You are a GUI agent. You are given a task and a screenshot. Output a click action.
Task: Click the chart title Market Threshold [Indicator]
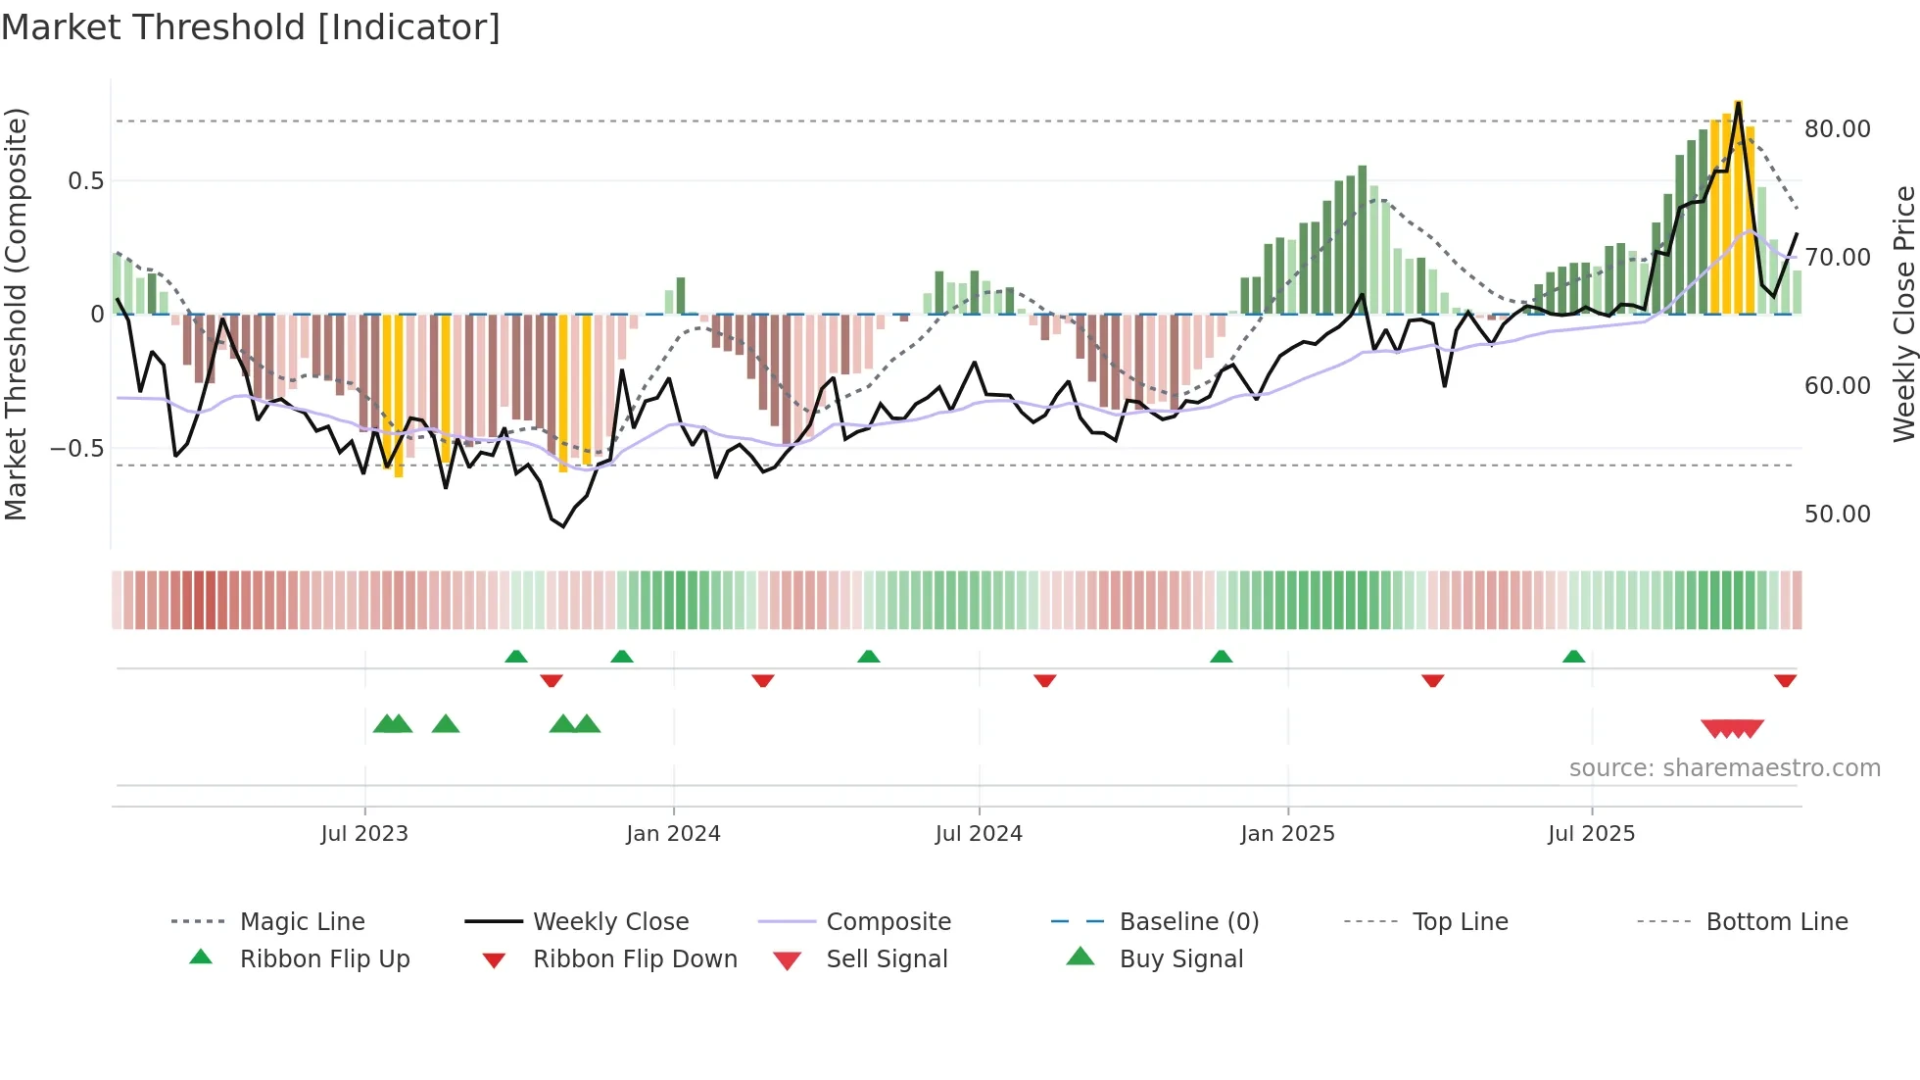pyautogui.click(x=251, y=27)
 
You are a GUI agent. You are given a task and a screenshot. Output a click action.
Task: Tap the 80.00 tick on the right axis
pyautogui.click(x=1837, y=129)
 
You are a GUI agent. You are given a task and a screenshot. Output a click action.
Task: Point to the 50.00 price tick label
pyautogui.click(x=1837, y=515)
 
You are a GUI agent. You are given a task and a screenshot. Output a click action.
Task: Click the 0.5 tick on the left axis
pyautogui.click(x=85, y=181)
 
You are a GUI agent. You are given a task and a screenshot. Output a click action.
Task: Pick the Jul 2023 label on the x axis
pyautogui.click(x=363, y=834)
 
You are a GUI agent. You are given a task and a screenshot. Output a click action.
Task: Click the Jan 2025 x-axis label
pyautogui.click(x=1286, y=834)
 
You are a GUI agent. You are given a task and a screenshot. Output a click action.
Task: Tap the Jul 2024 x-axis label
pyautogui.click(x=978, y=834)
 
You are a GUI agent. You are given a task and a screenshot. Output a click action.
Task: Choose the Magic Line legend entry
pyautogui.click(x=302, y=922)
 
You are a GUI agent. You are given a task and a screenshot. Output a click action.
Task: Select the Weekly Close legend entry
pyautogui.click(x=610, y=922)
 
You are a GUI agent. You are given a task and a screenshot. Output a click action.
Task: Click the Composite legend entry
pyautogui.click(x=888, y=922)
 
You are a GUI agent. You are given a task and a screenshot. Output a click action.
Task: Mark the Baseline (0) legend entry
pyautogui.click(x=1188, y=922)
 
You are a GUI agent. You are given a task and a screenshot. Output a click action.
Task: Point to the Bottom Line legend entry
pyautogui.click(x=1776, y=922)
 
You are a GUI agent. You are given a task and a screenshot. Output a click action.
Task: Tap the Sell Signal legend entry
pyautogui.click(x=887, y=959)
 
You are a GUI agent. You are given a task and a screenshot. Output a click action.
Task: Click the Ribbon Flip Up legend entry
pyautogui.click(x=324, y=959)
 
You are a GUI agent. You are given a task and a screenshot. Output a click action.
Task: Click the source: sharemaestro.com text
pyautogui.click(x=1724, y=768)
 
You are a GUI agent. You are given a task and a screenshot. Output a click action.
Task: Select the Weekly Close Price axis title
pyautogui.click(x=1903, y=314)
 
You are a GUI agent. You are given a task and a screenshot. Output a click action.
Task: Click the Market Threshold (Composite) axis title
pyautogui.click(x=16, y=314)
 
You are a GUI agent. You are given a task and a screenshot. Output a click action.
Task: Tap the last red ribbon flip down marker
pyautogui.click(x=1785, y=680)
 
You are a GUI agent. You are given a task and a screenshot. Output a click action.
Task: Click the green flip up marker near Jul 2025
pyautogui.click(x=1573, y=657)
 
